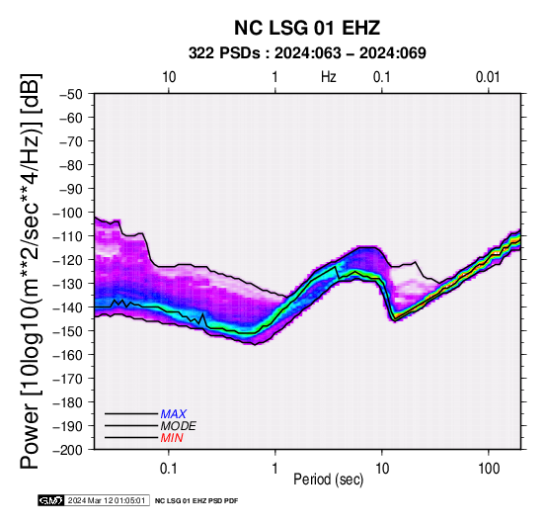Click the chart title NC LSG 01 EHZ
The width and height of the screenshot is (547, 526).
[307, 28]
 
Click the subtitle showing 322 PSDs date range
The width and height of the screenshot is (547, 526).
[307, 53]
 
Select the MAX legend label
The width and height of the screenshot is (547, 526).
[174, 414]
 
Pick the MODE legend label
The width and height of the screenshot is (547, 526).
[179, 426]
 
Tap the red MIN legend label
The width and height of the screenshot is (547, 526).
[172, 438]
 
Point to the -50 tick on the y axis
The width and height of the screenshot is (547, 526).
[71, 94]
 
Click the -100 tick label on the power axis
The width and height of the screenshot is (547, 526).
[68, 213]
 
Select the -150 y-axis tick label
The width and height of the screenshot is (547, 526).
[68, 331]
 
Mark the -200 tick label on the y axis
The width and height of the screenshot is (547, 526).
[68, 450]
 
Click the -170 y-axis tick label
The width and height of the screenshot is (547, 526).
[68, 379]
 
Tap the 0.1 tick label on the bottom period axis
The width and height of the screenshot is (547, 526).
[169, 469]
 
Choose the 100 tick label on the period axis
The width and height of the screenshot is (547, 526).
[489, 469]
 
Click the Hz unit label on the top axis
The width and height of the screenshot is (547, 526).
[329, 77]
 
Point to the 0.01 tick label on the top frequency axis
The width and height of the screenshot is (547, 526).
[488, 77]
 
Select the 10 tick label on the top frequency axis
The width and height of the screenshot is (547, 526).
[169, 77]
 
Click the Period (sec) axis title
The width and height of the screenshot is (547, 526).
[328, 480]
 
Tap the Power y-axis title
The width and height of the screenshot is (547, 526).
[31, 271]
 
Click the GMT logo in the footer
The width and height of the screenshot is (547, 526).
[51, 500]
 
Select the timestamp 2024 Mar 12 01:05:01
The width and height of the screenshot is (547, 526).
[107, 500]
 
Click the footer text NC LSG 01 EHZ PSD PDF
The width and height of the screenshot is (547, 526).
[196, 501]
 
